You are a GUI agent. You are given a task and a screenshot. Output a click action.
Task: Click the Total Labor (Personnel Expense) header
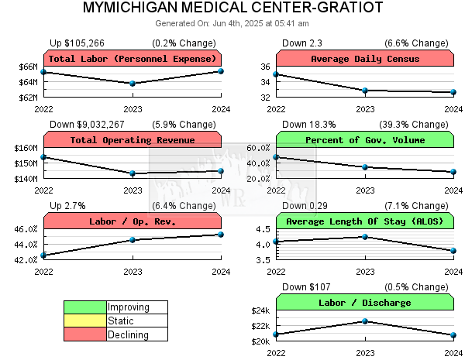tap(133, 59)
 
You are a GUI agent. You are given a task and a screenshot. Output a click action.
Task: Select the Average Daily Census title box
tap(365, 59)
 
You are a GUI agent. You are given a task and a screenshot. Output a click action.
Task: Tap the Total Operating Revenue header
tap(133, 140)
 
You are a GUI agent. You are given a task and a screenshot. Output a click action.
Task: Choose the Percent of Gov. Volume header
tap(365, 140)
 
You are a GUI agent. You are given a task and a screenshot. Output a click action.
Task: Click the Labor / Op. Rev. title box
tap(133, 221)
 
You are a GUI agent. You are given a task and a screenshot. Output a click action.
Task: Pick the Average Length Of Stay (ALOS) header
tap(365, 221)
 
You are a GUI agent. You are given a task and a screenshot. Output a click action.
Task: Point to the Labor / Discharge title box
tap(365, 303)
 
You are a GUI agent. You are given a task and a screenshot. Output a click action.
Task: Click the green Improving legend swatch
tap(85, 307)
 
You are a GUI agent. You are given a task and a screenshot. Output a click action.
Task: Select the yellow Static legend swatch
tap(85, 321)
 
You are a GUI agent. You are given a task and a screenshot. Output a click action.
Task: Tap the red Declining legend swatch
tap(85, 334)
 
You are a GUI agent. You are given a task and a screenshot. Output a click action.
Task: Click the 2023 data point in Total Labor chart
tap(133, 83)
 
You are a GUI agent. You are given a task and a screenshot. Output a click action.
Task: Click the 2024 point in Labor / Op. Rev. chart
tap(221, 235)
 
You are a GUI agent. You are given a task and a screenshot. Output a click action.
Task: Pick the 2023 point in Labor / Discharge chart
tap(365, 321)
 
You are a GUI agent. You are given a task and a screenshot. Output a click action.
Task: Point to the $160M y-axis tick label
tap(26, 148)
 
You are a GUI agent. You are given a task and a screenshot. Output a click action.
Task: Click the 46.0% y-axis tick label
tap(26, 229)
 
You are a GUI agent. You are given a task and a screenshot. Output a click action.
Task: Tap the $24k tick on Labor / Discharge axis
tap(260, 310)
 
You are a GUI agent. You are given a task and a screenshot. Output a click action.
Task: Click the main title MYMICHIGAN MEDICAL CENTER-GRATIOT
tap(232, 9)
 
